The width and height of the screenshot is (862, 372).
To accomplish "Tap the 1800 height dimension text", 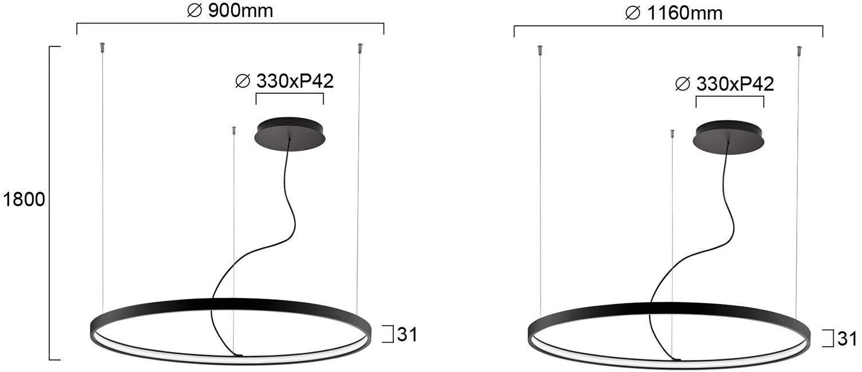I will (x=23, y=200).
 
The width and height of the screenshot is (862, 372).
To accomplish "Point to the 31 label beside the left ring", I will (x=407, y=335).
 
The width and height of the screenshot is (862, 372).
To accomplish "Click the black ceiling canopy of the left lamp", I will (x=290, y=133).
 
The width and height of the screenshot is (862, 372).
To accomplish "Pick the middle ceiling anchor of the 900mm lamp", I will (x=233, y=131).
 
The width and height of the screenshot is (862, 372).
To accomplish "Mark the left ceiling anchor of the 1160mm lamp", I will (x=540, y=50).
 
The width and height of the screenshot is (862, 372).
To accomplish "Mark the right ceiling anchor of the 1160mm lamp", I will (x=800, y=51).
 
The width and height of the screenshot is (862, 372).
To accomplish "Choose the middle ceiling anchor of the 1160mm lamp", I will (x=673, y=134).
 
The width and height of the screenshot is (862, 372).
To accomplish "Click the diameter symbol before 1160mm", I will (x=632, y=14).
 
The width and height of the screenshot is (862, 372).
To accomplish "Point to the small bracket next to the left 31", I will (x=389, y=334).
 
